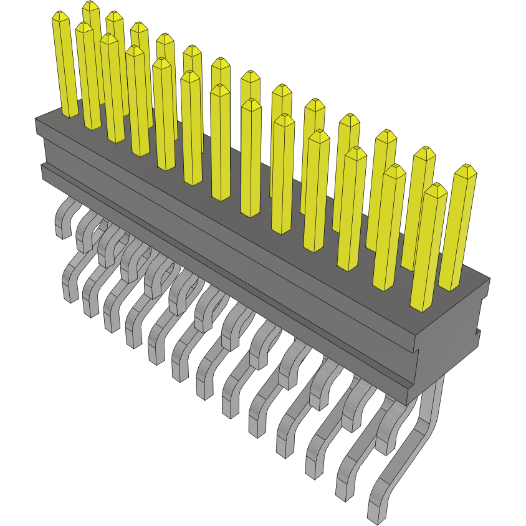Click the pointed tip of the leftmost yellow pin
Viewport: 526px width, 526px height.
tap(60, 14)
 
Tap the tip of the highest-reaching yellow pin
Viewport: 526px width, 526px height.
tap(91, 3)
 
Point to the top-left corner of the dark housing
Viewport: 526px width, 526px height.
tap(36, 118)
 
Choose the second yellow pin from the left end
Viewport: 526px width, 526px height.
tap(87, 75)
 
